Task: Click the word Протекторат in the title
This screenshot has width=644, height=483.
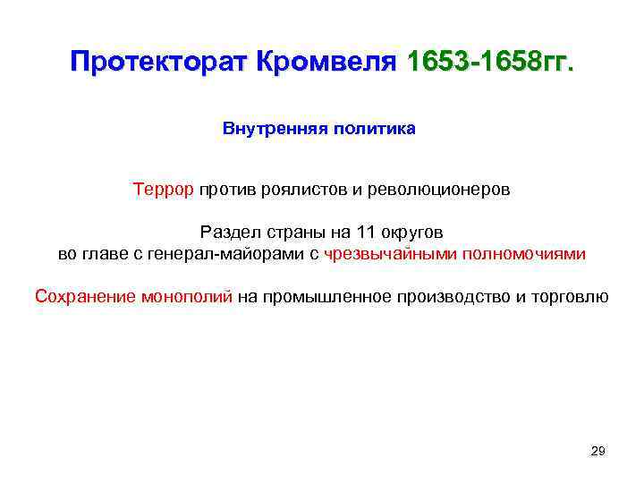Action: [160, 64]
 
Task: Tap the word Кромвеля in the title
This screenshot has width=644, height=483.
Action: [326, 64]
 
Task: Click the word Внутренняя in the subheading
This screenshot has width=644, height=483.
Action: [275, 129]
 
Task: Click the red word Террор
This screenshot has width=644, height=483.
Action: [164, 190]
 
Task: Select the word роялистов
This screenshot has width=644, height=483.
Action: [296, 190]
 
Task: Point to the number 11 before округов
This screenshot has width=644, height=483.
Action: [365, 231]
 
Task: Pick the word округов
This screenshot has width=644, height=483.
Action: [410, 231]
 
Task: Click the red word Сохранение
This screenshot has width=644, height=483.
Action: [86, 297]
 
